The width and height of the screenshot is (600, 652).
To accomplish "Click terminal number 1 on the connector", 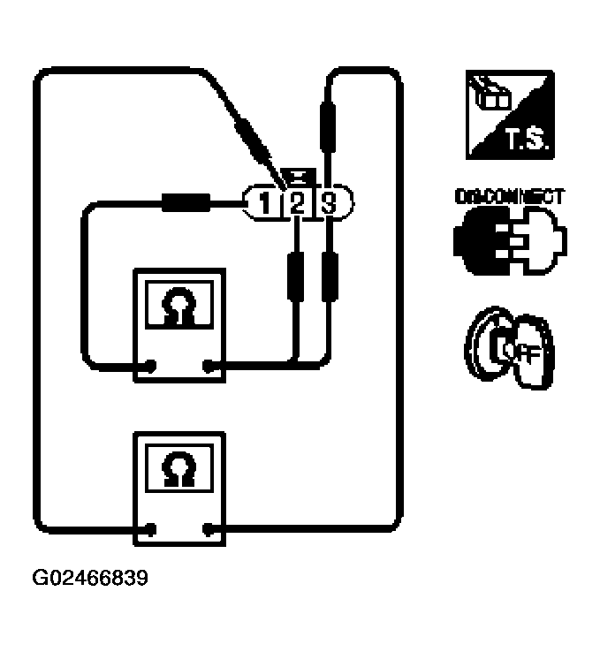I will pos(263,204).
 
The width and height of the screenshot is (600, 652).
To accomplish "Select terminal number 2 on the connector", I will pos(297,204).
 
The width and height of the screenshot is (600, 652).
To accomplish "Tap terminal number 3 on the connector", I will pos(329,204).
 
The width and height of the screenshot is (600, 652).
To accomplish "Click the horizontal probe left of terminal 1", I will pos(186,204).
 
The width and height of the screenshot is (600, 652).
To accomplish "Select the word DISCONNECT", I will pos(508,197).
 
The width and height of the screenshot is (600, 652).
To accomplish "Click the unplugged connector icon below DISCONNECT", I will pos(510,240).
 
